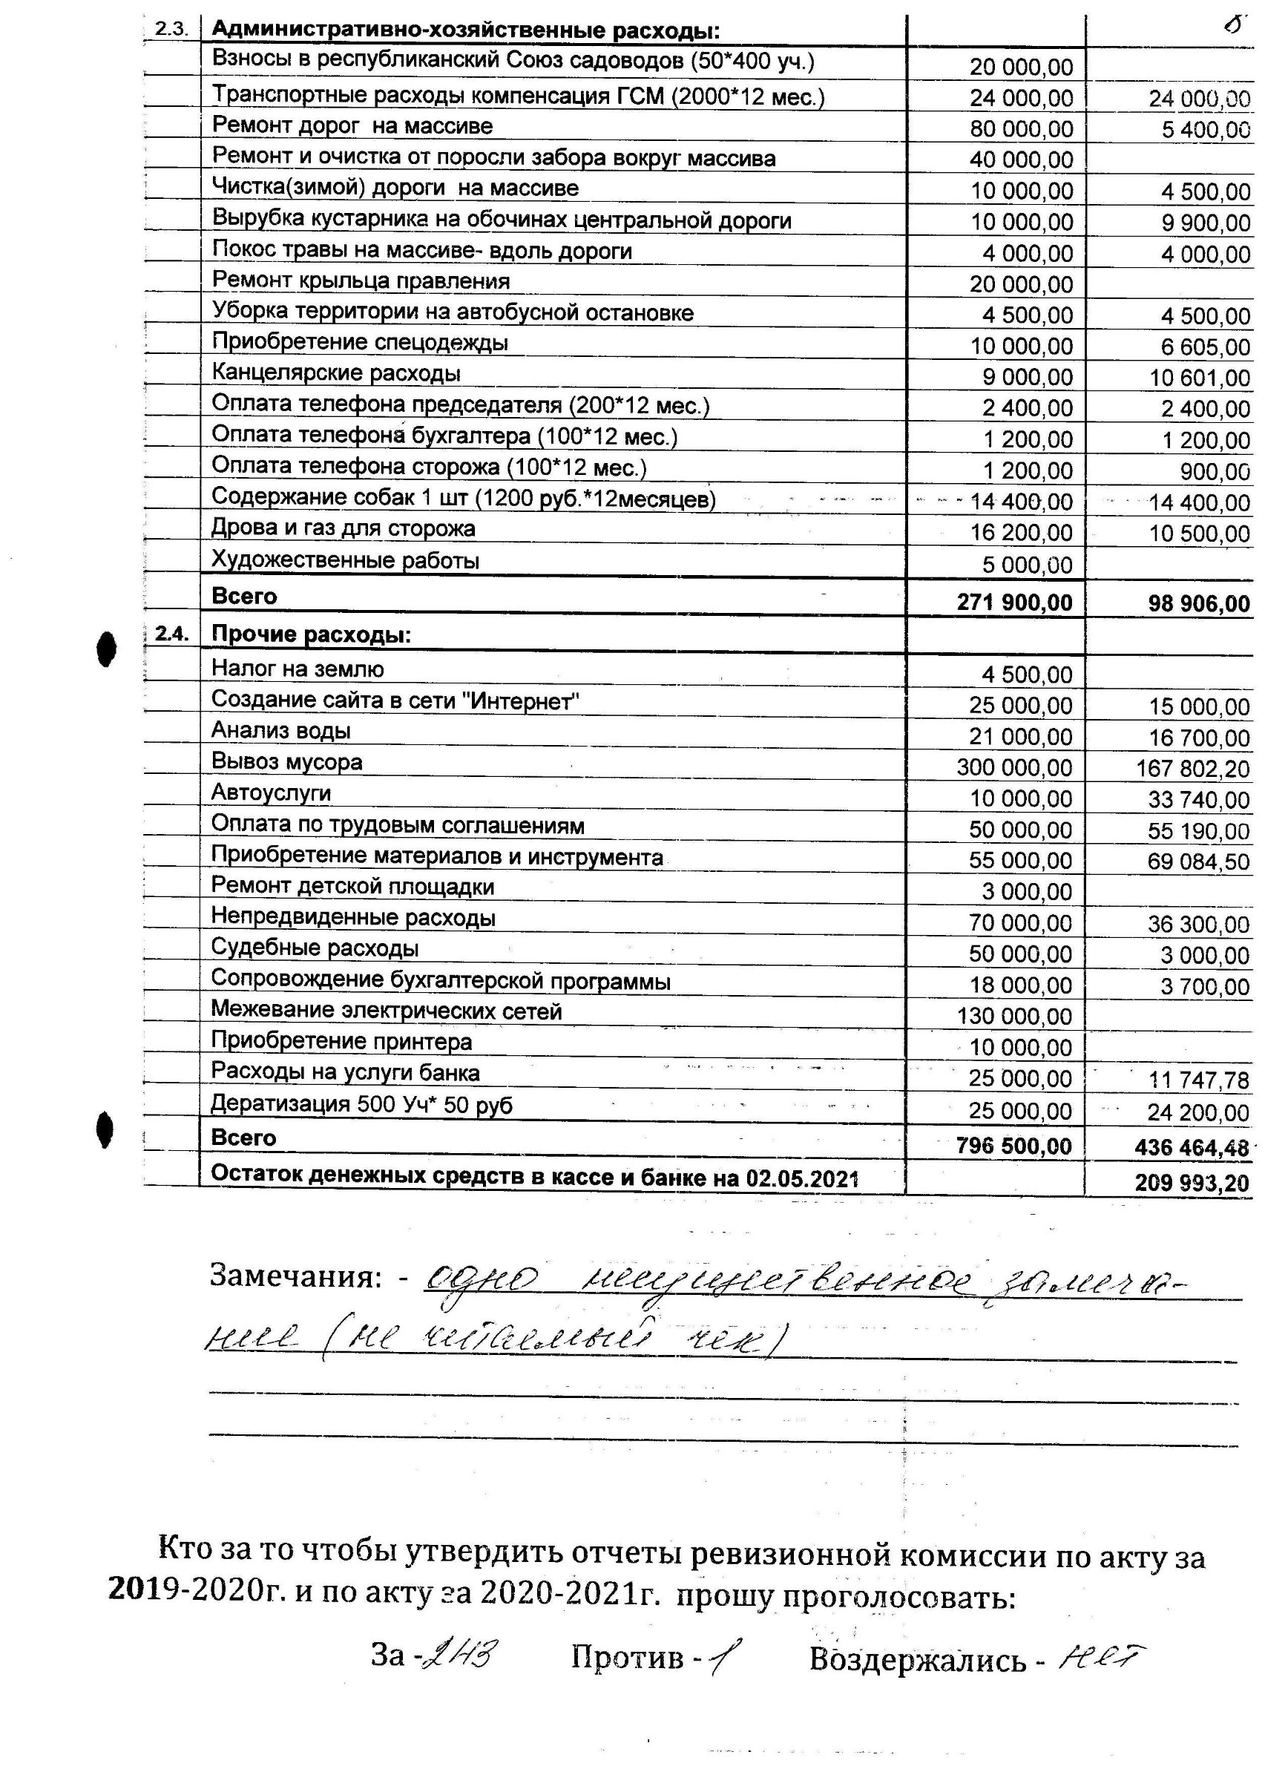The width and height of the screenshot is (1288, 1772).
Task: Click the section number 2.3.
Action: point(171,30)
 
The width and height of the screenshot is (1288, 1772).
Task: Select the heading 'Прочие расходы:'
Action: point(311,634)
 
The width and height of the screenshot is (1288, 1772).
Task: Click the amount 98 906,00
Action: point(1199,604)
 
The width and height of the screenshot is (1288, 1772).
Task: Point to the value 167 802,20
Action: point(1193,769)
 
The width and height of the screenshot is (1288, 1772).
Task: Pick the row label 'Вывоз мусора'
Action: point(286,762)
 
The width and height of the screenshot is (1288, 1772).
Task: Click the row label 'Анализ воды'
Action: point(280,730)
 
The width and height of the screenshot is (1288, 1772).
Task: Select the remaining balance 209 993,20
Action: point(1192,1183)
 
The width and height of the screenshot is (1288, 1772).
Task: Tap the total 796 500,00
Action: point(1013,1146)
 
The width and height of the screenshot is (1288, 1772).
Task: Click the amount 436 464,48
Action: point(1192,1148)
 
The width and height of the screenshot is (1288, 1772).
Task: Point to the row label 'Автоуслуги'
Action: point(271,793)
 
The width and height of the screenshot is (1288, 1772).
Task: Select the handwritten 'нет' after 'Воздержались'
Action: point(1102,1657)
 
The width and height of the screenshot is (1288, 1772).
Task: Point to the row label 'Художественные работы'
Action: point(345,560)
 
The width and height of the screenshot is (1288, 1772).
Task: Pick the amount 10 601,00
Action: point(1199,378)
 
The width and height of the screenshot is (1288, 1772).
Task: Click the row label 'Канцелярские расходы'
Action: point(336,373)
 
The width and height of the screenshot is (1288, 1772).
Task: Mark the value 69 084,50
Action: point(1199,862)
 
